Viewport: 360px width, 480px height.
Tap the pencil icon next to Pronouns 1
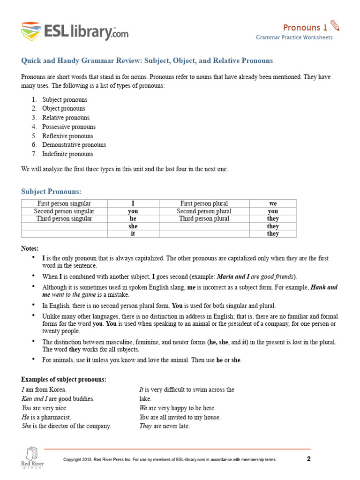(335, 26)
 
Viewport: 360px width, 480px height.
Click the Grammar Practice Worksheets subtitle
(294, 37)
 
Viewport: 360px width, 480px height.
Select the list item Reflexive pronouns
(67, 136)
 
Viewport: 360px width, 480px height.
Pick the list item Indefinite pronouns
(67, 154)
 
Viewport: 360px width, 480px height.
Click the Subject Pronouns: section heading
(51, 192)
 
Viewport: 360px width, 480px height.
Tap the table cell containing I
(133, 203)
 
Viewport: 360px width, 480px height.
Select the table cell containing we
(273, 203)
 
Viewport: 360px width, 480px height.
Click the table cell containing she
(133, 226)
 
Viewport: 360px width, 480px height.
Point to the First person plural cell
(204, 203)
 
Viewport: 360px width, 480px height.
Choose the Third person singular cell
(64, 218)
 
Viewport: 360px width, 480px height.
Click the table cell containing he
(133, 218)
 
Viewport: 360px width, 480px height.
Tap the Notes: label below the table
(30, 248)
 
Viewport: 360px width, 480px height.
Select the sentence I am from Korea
(44, 390)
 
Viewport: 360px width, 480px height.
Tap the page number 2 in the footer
(308, 459)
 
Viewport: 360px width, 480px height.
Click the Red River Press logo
(32, 458)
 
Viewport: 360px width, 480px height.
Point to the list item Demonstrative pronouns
(74, 145)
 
